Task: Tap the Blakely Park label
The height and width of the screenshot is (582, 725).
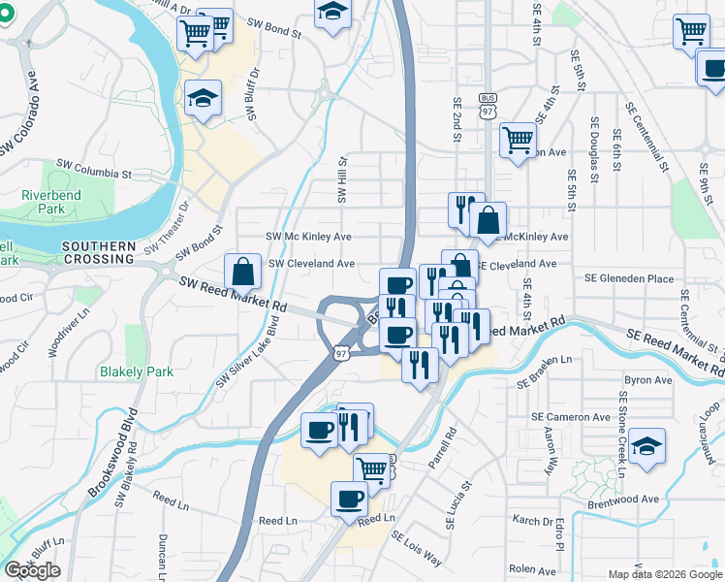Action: pyautogui.click(x=137, y=371)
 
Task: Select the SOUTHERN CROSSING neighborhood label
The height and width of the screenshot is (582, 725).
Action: pyautogui.click(x=98, y=252)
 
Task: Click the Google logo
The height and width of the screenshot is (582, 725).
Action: pyautogui.click(x=32, y=570)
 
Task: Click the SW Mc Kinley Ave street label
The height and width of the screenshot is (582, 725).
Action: pyautogui.click(x=308, y=236)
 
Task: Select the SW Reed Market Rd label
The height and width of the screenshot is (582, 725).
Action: pyautogui.click(x=235, y=294)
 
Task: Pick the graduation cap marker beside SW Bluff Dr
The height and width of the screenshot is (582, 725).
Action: pyautogui.click(x=205, y=98)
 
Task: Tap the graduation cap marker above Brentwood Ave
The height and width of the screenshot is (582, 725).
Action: pyautogui.click(x=646, y=446)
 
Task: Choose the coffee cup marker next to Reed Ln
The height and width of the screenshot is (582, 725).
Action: pyautogui.click(x=349, y=500)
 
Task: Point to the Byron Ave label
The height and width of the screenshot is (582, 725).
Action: pyautogui.click(x=648, y=380)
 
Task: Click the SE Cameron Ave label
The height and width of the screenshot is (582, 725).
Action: pyautogui.click(x=570, y=417)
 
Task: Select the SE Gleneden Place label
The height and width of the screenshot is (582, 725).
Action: pyautogui.click(x=628, y=278)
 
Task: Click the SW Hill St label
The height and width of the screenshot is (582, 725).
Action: pyautogui.click(x=341, y=180)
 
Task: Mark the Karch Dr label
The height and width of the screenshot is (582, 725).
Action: pyautogui.click(x=532, y=520)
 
